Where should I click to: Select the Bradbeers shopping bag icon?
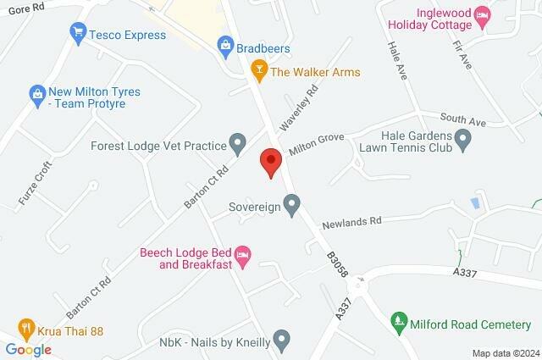(225, 43)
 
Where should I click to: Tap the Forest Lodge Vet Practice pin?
(238, 141)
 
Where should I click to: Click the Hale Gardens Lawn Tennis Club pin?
(463, 139)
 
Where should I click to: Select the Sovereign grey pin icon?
(291, 203)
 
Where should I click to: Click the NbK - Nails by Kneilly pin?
(283, 341)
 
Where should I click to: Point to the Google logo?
(29, 349)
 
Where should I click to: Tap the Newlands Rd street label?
(351, 222)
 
